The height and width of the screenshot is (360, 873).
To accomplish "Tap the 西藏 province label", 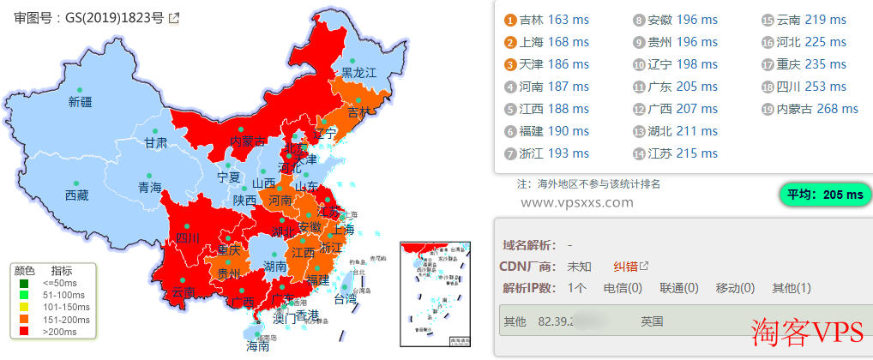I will coord(76,195).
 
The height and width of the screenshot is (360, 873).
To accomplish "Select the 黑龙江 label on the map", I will coord(359,73).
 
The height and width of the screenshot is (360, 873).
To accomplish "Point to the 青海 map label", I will coord(149,188).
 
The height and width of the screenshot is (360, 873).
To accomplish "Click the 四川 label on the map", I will coord(187,237).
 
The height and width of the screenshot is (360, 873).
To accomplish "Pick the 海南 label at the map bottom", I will coord(258,347).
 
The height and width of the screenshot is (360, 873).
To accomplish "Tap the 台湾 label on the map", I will coord(345,299).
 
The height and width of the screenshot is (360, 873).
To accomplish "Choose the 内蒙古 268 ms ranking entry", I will coord(810,109).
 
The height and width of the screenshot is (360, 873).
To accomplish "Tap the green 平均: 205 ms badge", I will coord(822,195).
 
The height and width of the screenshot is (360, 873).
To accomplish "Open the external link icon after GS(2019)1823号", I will coord(174,18).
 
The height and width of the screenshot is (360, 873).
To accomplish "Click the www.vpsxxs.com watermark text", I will coord(576,203).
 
